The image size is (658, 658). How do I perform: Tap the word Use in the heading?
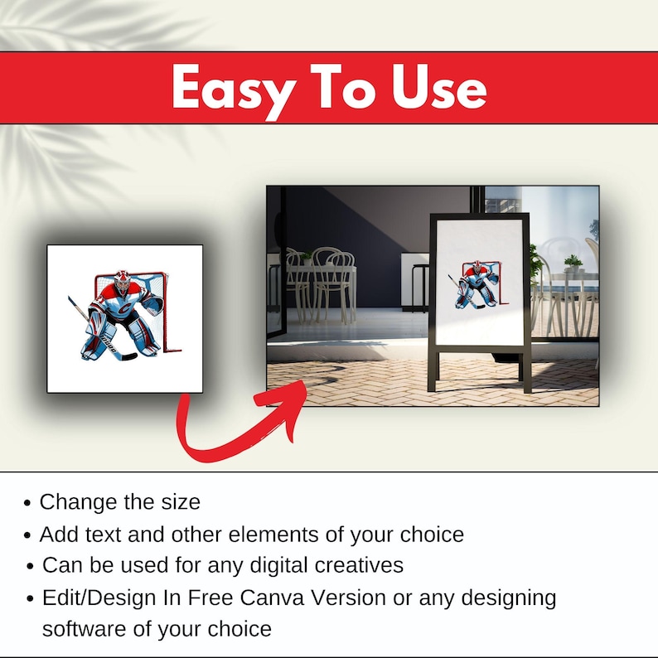click(x=439, y=87)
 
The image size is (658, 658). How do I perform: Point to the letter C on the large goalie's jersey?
click(x=124, y=309)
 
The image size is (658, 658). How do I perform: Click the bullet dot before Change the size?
click(x=27, y=503)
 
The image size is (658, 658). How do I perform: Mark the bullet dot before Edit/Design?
click(x=30, y=598)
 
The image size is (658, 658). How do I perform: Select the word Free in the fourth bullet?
click(x=210, y=598)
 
